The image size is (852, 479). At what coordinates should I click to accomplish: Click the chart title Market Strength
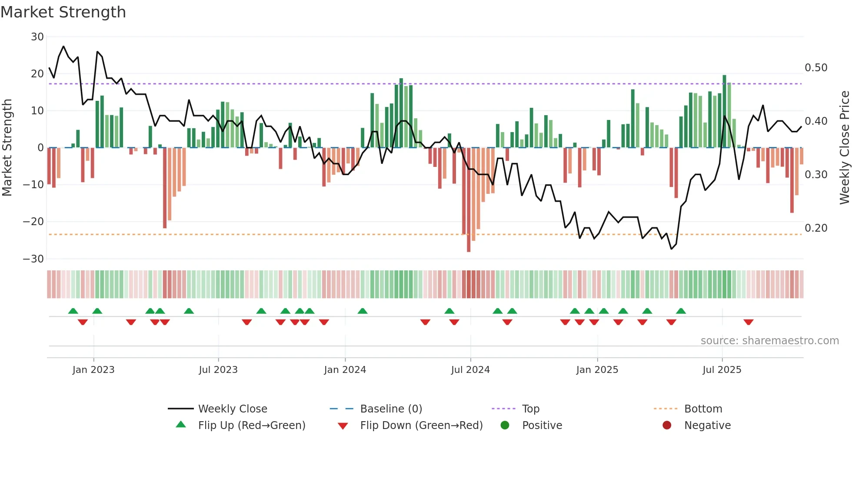(x=63, y=12)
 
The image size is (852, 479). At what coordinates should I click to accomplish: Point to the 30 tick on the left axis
(x=37, y=37)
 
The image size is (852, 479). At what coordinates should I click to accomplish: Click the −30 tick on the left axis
(x=34, y=259)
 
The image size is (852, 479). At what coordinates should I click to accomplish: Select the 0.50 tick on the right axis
(x=816, y=68)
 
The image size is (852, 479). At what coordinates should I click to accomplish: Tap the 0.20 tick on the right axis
(x=816, y=228)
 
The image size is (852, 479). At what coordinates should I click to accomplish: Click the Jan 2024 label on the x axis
(x=345, y=370)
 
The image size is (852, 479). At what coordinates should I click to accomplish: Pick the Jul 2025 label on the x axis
(x=722, y=370)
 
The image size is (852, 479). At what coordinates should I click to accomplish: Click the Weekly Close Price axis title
(x=844, y=148)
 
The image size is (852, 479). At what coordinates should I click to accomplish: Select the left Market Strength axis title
(x=7, y=148)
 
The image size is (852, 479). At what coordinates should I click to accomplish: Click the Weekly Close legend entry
(x=232, y=409)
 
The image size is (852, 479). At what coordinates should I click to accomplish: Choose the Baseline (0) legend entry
(x=391, y=409)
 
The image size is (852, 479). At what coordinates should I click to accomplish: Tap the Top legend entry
(x=530, y=409)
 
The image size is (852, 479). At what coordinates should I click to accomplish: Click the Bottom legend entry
(x=703, y=409)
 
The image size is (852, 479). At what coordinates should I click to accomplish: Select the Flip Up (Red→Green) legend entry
(x=251, y=426)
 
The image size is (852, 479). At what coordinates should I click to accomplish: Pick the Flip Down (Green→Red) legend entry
(x=421, y=426)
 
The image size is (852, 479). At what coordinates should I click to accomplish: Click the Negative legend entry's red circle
(x=667, y=426)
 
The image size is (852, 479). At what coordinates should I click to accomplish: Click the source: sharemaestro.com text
(x=769, y=341)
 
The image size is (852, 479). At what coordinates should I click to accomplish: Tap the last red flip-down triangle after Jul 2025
(x=748, y=322)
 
